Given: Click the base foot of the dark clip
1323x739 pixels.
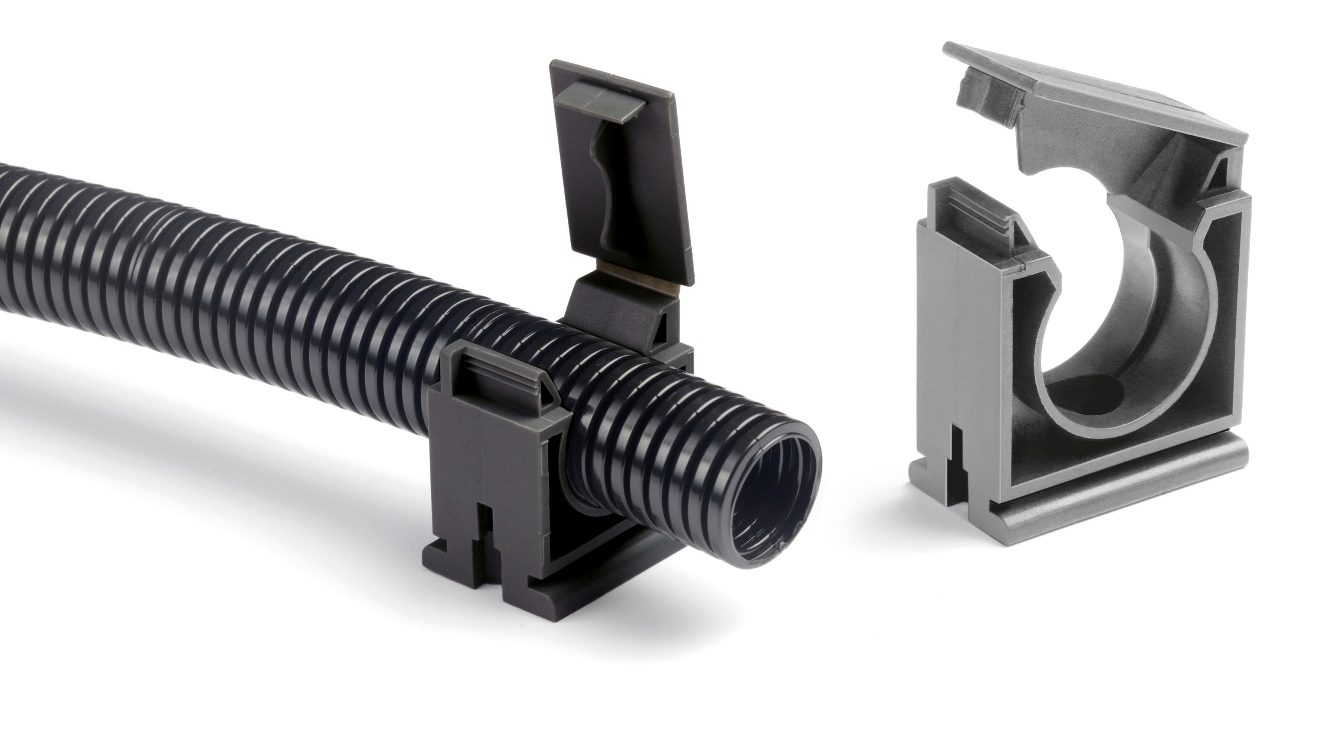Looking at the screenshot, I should (539, 590).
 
